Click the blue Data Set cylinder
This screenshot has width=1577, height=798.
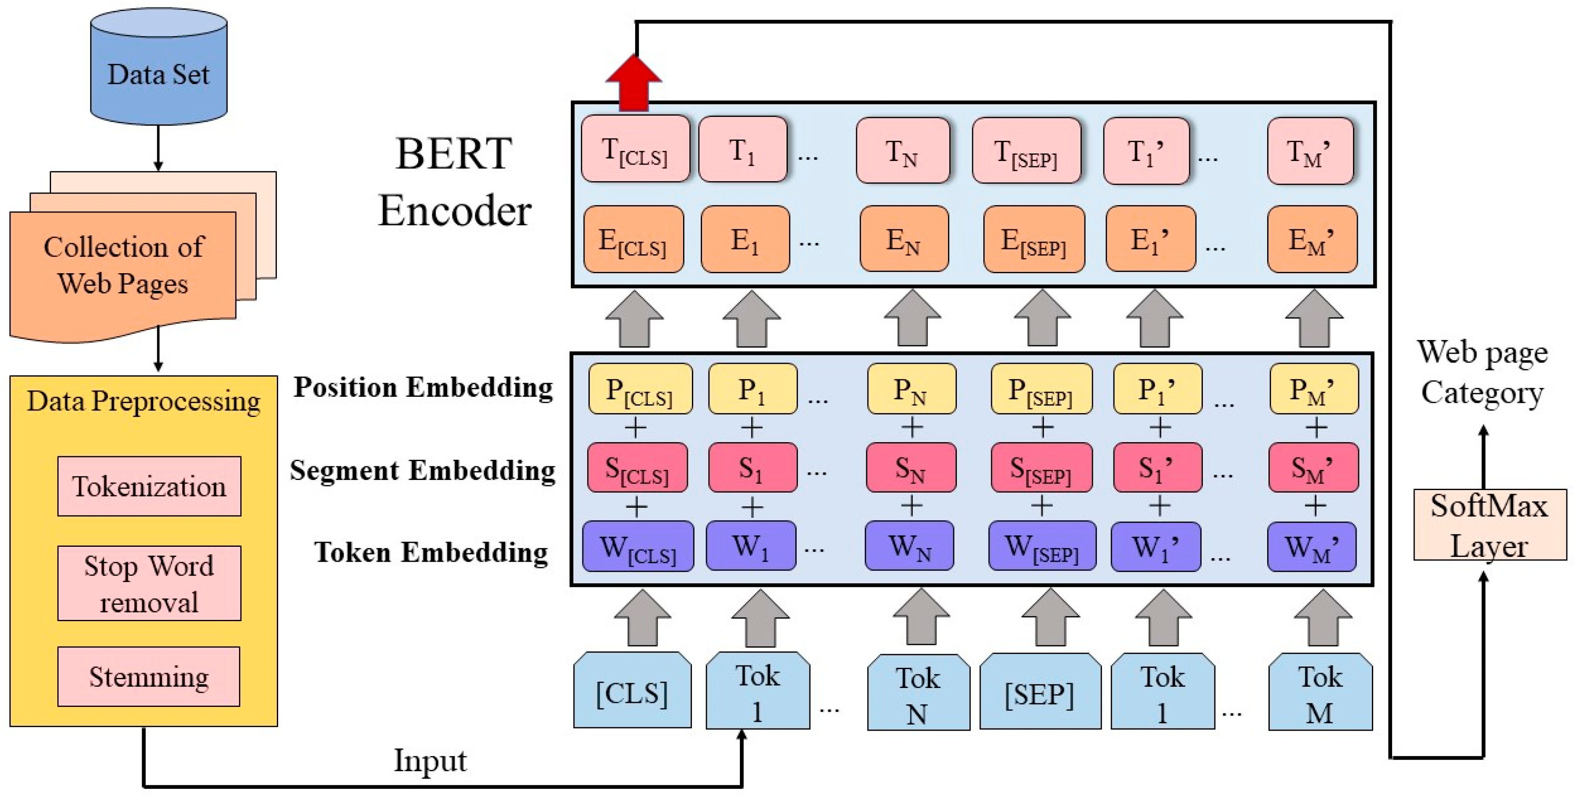pyautogui.click(x=158, y=70)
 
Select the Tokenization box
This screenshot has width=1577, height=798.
pyautogui.click(x=149, y=486)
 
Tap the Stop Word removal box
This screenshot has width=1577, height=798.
pyautogui.click(x=149, y=583)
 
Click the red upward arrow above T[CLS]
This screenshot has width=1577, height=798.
pyautogui.click(x=634, y=83)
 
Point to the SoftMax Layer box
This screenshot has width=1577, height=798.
pyautogui.click(x=1489, y=525)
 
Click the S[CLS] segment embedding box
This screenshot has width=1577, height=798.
pyautogui.click(x=637, y=468)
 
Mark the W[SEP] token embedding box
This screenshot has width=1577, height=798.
pyautogui.click(x=1042, y=546)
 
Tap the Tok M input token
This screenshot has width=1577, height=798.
pyautogui.click(x=1320, y=693)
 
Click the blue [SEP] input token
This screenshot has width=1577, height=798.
pyautogui.click(x=1040, y=693)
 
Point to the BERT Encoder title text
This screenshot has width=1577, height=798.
pyautogui.click(x=454, y=182)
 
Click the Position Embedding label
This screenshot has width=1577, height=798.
pyautogui.click(x=423, y=388)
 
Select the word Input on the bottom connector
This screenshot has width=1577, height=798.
pyautogui.click(x=430, y=761)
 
